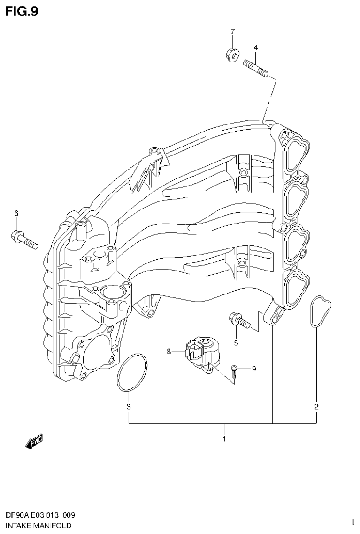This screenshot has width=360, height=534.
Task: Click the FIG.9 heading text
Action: pos(22,11)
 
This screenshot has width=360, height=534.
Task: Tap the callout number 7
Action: pos(232,31)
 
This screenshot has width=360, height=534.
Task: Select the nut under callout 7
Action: pos(231,54)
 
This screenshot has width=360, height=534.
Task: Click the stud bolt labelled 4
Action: pos(256,68)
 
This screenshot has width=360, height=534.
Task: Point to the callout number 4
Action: pos(256,47)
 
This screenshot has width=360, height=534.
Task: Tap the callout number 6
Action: pos(16,213)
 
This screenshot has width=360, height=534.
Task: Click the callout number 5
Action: pos(236,343)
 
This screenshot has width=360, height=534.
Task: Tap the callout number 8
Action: pos(169,351)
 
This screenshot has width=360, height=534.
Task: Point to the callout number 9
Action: pos(254,369)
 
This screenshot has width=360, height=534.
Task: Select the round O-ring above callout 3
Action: pos(132,373)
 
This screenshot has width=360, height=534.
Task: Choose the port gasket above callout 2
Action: pos(321,310)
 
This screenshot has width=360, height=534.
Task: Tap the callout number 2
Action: pos(316,406)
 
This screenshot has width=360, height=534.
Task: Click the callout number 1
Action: pos(224,440)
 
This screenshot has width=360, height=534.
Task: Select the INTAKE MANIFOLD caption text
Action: pos(38,526)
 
